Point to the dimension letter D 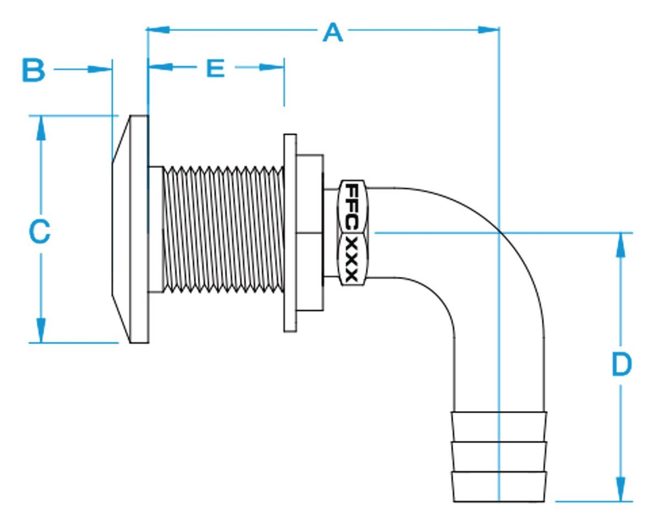tap(621, 364)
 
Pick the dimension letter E tap(216, 69)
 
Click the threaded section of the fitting tap(223, 229)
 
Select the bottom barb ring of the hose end tap(499, 486)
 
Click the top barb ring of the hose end tap(499, 426)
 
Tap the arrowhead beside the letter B tap(101, 69)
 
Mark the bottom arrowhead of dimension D tap(621, 489)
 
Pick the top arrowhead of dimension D tap(621, 245)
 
